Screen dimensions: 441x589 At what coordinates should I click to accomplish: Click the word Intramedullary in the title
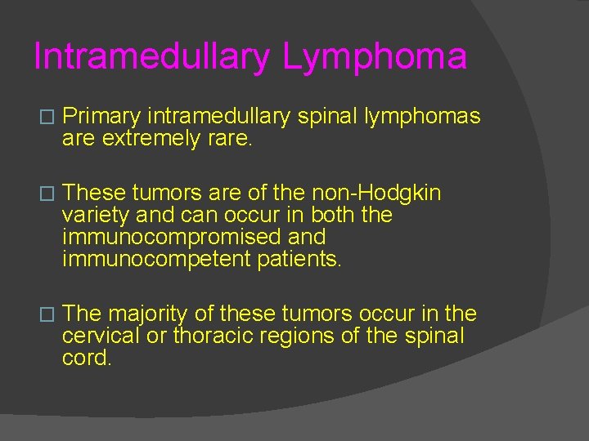tap(151, 57)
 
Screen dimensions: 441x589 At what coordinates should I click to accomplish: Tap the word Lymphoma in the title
tap(375, 57)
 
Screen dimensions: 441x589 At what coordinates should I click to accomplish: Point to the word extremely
tap(150, 139)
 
